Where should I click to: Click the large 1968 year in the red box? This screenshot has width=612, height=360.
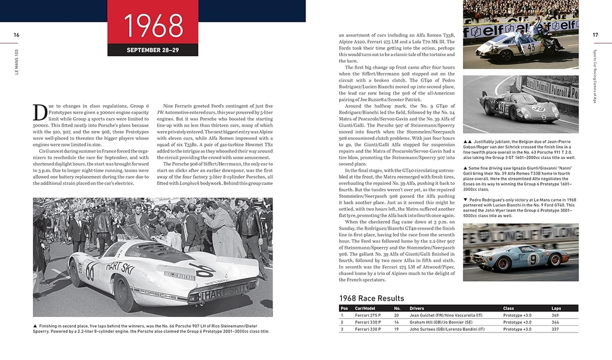point(153,25)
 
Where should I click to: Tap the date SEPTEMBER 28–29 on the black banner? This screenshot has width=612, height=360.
point(153,50)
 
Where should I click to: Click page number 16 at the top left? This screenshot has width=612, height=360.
point(17,35)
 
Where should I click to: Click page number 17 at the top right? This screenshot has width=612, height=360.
point(595,35)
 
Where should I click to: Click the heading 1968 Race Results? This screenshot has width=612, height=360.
point(371,298)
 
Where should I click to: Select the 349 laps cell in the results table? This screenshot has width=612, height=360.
point(555,315)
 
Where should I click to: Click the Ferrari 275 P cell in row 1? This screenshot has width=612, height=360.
point(367,315)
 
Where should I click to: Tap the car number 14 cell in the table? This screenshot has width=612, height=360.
point(396,322)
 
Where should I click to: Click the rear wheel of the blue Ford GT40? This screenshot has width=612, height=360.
point(555,259)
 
